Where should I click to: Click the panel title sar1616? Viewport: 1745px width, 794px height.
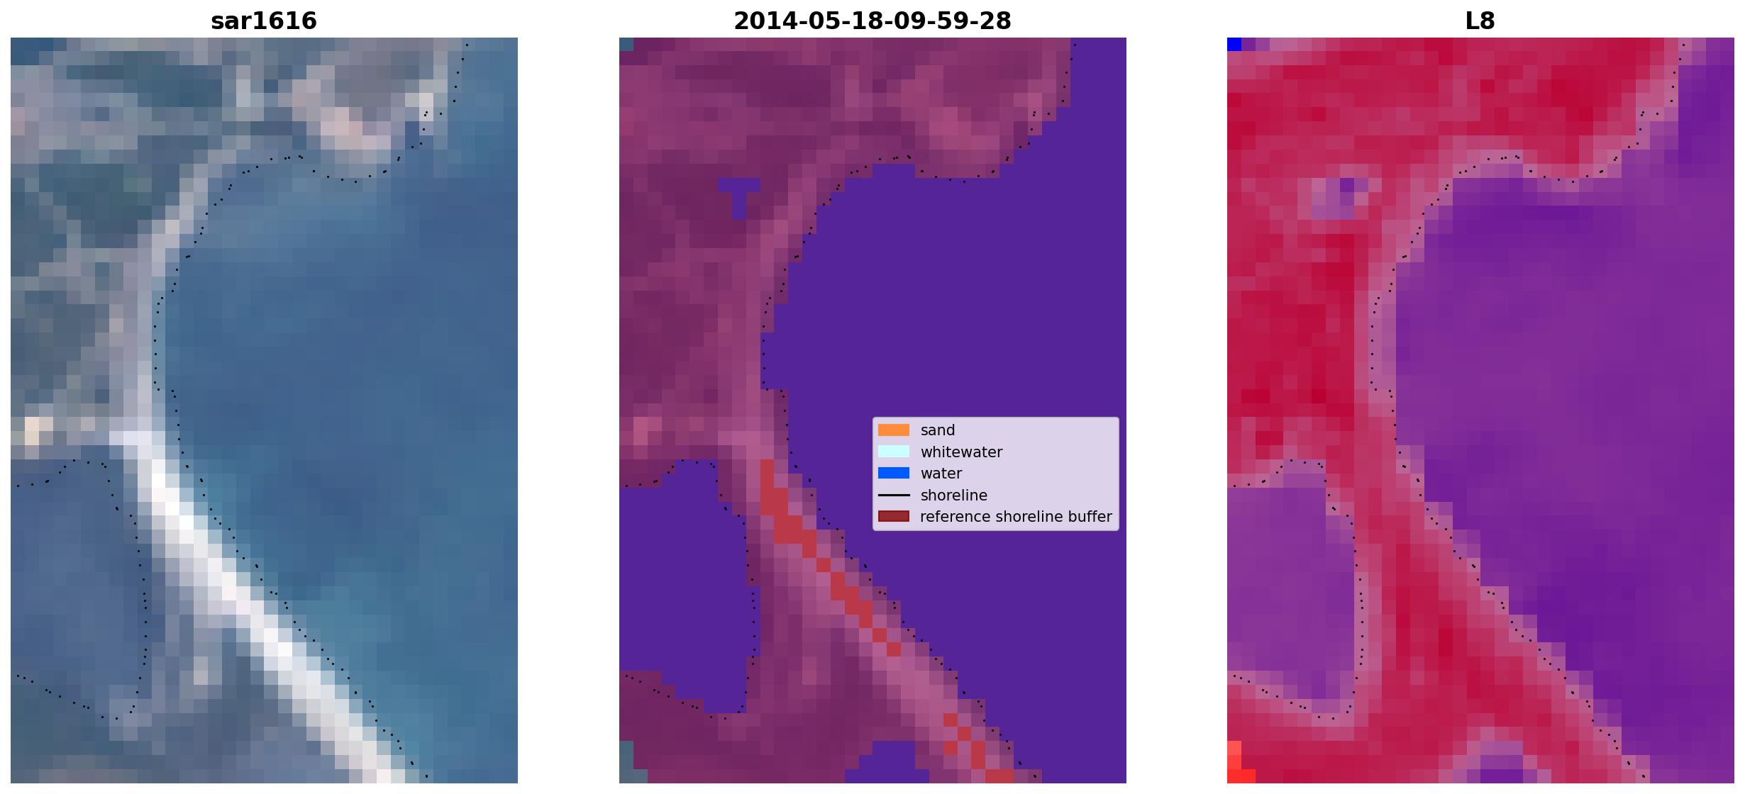coord(264,21)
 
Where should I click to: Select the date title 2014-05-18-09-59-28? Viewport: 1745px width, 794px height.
coord(872,21)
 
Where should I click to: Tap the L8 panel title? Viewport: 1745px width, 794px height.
coord(1480,21)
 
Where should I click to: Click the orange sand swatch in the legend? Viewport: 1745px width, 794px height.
coord(894,430)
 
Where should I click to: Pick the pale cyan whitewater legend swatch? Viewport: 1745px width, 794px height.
coord(894,452)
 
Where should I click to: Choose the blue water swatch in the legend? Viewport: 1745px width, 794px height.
coord(894,473)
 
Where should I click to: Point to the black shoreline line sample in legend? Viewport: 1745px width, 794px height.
coord(894,495)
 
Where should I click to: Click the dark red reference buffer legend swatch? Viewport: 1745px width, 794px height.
coord(894,516)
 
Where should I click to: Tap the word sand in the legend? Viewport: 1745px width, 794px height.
coord(938,430)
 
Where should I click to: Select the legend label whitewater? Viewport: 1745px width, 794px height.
coord(961,452)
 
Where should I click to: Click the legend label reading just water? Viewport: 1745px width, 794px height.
coord(941,474)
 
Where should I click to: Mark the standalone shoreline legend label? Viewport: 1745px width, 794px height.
coord(954,496)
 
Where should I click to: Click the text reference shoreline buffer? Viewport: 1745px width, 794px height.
coord(1016,517)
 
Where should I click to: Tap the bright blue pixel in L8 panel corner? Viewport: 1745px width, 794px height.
coord(1234,44)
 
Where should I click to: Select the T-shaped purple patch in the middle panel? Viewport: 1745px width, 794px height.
coord(738,195)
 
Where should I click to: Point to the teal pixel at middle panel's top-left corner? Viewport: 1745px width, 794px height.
coord(626,44)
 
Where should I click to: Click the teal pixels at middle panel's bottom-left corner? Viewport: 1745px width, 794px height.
coord(626,762)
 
